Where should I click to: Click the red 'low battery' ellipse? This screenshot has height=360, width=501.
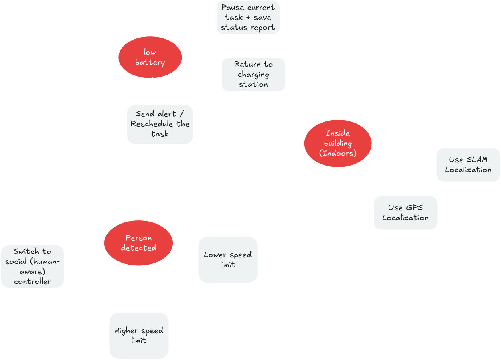tap(150, 57)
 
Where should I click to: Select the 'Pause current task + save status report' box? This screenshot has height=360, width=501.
tap(248, 18)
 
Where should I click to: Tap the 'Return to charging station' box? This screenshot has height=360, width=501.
tap(254, 74)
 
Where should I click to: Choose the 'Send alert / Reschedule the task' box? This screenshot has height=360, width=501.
tap(160, 124)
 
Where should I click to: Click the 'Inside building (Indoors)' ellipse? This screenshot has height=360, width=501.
tap(338, 143)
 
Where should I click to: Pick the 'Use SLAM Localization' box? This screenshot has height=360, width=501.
tap(468, 164)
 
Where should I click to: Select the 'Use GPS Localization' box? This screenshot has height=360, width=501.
tap(405, 212)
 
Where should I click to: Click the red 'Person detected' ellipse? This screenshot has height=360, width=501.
tap(138, 243)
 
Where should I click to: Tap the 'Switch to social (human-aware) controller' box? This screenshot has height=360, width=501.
tap(32, 266)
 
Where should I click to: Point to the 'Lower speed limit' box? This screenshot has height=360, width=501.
tap(227, 259)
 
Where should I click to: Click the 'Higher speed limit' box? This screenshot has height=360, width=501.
tap(139, 335)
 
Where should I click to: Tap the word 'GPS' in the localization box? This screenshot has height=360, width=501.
tap(414, 208)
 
